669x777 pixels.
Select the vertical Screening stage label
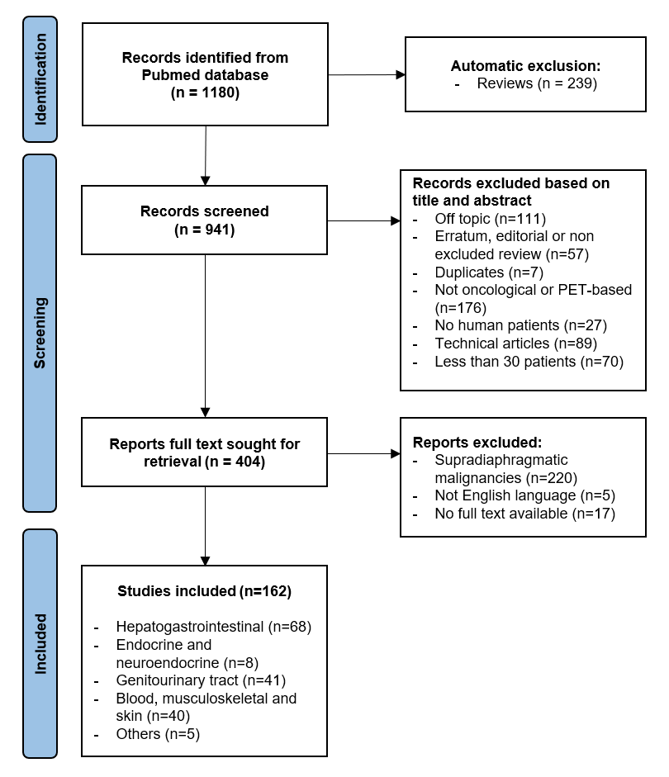tap(40, 332)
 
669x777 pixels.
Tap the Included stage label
tap(40, 643)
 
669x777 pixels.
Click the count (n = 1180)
tap(205, 92)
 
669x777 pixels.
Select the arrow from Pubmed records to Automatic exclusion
tap(366, 74)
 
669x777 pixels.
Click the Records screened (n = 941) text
tap(204, 220)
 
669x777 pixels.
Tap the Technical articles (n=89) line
tap(515, 343)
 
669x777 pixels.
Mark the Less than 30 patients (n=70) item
tap(529, 361)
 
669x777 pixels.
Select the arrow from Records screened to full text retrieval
tap(205, 334)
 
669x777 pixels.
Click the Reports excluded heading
tap(477, 443)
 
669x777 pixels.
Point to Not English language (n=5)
tap(524, 495)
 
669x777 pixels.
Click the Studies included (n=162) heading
tap(204, 591)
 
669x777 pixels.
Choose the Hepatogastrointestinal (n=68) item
tap(214, 627)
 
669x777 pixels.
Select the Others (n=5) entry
tap(159, 733)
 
